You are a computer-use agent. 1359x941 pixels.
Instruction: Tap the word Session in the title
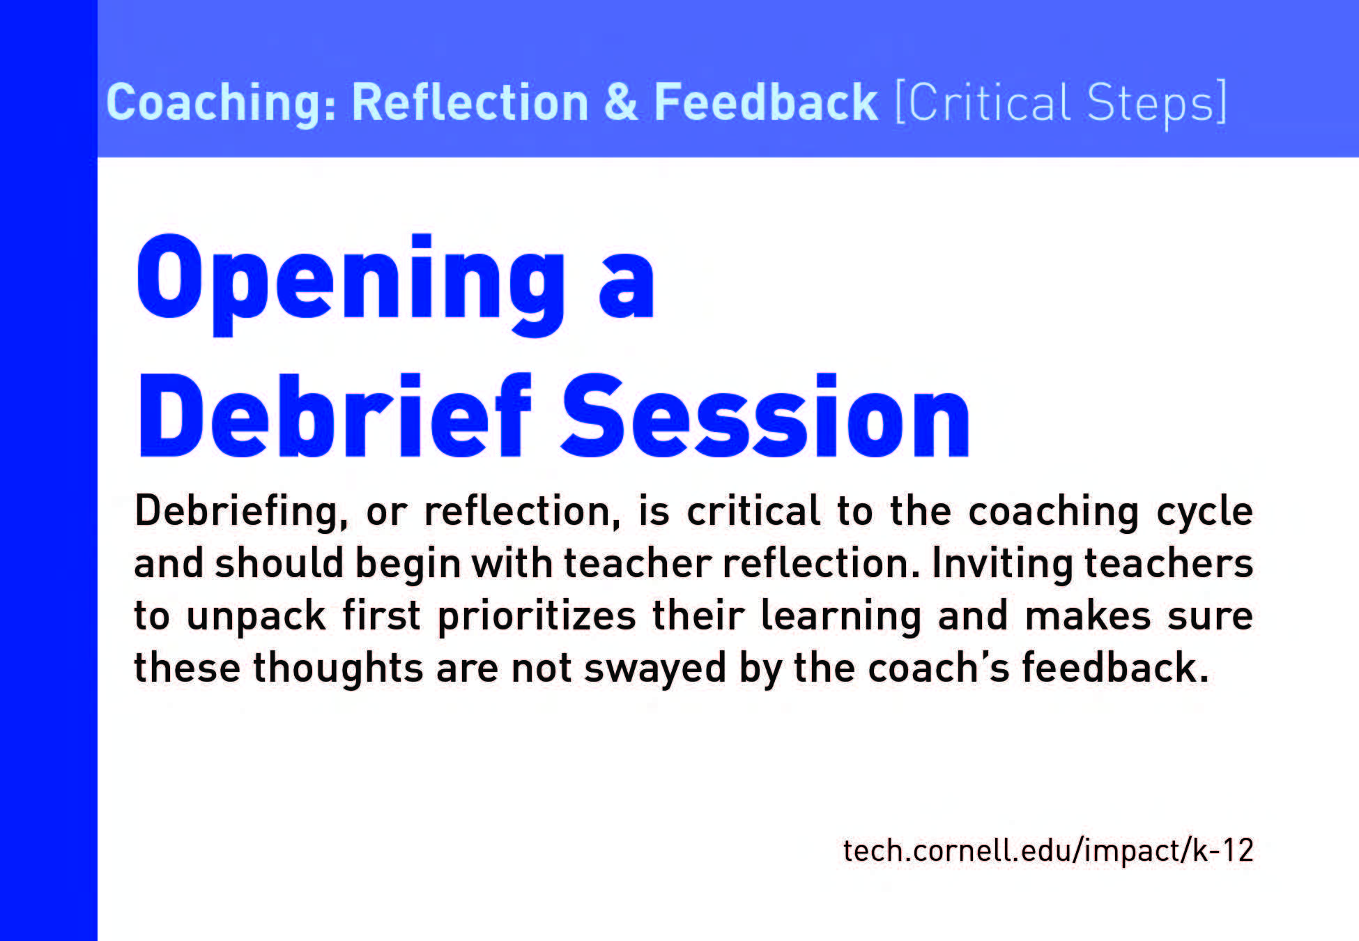coord(765,416)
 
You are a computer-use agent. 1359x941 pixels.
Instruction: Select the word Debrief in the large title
coord(335,416)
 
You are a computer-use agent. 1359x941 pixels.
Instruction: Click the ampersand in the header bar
coord(620,102)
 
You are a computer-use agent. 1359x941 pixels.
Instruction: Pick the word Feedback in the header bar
coord(765,102)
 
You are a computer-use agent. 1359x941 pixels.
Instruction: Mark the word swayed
coord(655,669)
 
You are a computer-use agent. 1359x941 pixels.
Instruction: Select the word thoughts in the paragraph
coord(337,669)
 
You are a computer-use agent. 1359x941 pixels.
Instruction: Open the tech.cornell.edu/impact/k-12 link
coord(1048,851)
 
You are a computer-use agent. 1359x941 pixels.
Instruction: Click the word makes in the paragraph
coord(1088,616)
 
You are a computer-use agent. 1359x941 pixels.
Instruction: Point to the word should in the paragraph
coord(279,563)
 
